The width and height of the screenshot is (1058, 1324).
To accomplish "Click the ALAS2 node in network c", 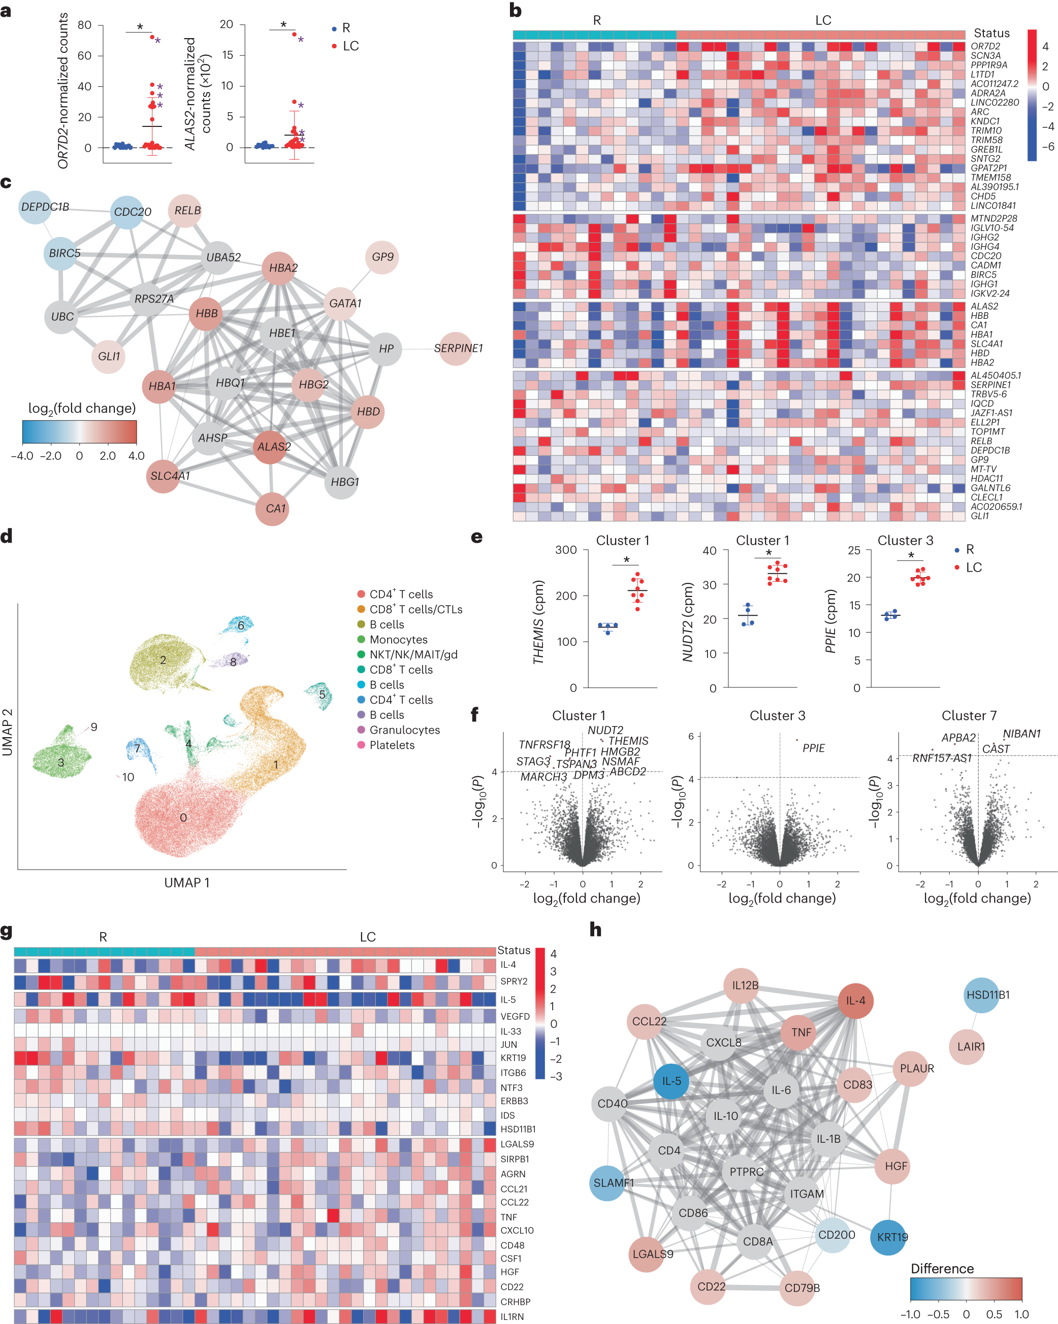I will click(x=273, y=446).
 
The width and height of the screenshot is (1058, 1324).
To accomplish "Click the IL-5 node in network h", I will click(x=671, y=1081).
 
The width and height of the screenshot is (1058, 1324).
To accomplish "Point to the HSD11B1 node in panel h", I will click(x=987, y=995).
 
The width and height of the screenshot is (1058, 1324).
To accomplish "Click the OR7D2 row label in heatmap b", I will click(x=985, y=46).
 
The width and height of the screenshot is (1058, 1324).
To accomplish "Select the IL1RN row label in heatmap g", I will click(x=512, y=1316).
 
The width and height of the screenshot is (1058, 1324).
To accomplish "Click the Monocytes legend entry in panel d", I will click(x=398, y=639).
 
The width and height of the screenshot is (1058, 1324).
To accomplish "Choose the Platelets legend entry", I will click(x=392, y=745).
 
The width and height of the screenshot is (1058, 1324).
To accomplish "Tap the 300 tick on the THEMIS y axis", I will click(x=565, y=550).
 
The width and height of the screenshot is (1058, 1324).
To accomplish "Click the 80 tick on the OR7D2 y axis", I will click(x=84, y=25).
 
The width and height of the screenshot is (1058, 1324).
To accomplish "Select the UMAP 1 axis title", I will click(x=186, y=882).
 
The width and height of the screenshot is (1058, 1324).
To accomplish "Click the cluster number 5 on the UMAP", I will click(x=322, y=694).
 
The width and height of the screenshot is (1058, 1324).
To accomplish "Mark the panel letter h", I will click(x=595, y=930).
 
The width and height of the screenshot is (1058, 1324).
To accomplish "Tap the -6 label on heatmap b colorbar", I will click(x=1047, y=146).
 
